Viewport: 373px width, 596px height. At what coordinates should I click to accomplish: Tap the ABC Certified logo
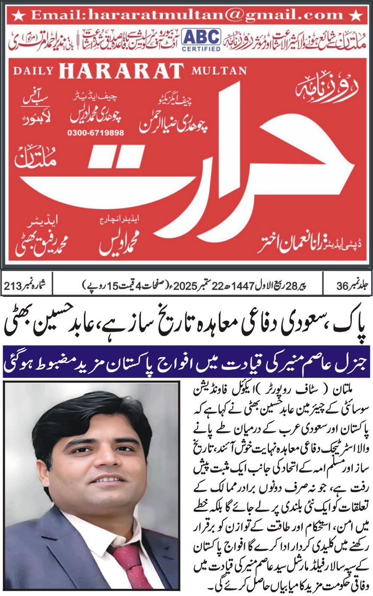(x=201, y=39)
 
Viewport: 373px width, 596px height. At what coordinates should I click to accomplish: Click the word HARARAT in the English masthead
(x=121, y=71)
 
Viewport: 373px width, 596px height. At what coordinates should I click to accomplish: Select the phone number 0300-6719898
(x=96, y=133)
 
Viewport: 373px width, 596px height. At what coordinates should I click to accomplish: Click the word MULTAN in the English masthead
(x=219, y=70)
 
